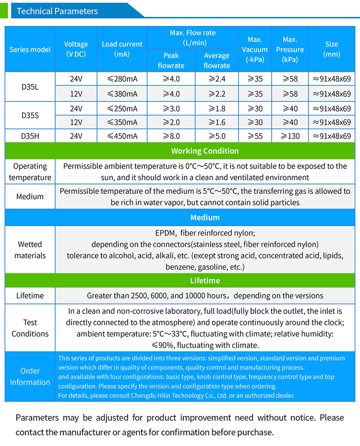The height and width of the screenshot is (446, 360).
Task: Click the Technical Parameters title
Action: [57, 11]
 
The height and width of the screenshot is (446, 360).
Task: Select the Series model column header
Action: [30, 49]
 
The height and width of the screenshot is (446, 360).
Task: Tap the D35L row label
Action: [30, 87]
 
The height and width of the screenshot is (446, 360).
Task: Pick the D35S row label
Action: [30, 115]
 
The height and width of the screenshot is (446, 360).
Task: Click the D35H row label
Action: [30, 136]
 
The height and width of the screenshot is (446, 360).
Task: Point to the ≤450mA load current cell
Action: [122, 136]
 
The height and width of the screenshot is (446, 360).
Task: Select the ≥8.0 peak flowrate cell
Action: [171, 136]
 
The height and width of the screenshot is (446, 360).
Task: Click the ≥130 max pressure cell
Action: [290, 136]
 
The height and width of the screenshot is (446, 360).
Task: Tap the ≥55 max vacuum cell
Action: [255, 136]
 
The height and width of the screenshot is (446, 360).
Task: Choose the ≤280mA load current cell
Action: [122, 79]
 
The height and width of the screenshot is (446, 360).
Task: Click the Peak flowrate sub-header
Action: [171, 60]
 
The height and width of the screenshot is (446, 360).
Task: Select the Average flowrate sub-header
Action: [216, 60]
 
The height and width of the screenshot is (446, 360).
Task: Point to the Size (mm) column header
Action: [332, 49]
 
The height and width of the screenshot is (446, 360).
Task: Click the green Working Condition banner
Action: [205, 151]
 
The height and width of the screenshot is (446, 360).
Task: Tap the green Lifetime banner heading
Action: [205, 280]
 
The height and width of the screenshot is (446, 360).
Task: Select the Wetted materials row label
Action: [30, 250]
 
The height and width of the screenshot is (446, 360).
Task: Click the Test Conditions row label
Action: [30, 328]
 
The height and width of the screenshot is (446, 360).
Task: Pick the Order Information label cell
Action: [30, 376]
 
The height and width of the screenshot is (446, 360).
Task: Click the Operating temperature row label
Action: [30, 172]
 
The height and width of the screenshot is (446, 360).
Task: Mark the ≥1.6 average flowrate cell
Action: [216, 122]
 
